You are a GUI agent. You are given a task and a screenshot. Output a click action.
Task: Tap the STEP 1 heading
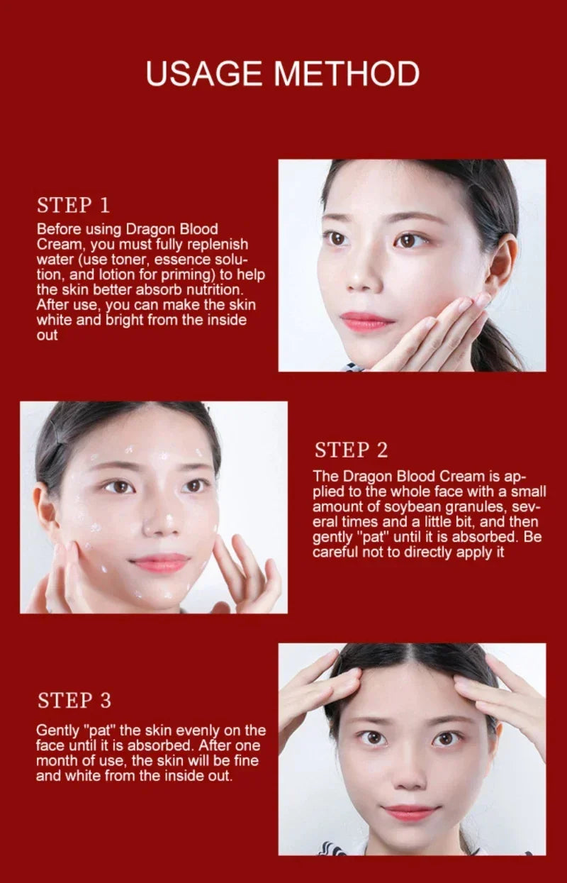click(x=74, y=206)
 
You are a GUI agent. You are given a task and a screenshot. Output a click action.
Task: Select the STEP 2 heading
click(x=352, y=450)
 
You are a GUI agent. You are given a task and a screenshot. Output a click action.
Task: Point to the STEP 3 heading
click(x=74, y=701)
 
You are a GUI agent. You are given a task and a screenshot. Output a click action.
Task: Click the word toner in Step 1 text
click(x=126, y=260)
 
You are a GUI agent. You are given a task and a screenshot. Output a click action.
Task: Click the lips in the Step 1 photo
click(x=366, y=321)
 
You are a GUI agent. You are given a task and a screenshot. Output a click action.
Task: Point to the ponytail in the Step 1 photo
click(x=500, y=348)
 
